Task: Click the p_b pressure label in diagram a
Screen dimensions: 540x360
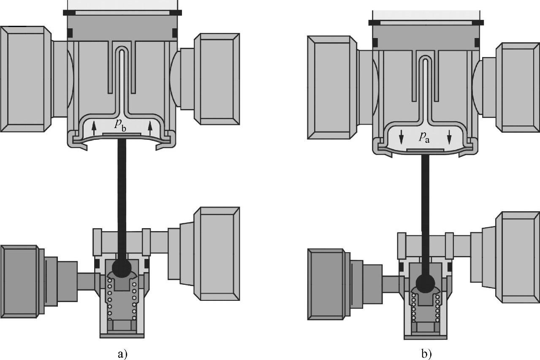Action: click(120, 125)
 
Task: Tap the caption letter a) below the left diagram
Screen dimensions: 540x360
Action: click(122, 354)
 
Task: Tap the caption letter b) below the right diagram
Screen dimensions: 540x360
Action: click(427, 354)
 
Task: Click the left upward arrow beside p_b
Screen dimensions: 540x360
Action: click(94, 128)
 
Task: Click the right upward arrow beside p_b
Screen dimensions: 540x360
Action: click(150, 128)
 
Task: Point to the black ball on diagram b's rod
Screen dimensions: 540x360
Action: click(426, 283)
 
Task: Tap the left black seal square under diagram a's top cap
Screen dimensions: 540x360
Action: click(70, 33)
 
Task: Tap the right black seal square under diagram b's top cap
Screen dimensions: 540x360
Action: click(477, 43)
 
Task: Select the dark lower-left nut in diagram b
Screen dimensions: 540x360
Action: click(327, 284)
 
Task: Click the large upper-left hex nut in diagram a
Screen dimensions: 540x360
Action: click(26, 79)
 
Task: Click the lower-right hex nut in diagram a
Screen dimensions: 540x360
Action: click(217, 254)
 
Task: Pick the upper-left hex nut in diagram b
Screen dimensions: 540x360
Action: click(332, 87)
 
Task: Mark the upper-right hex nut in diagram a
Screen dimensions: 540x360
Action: click(217, 79)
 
